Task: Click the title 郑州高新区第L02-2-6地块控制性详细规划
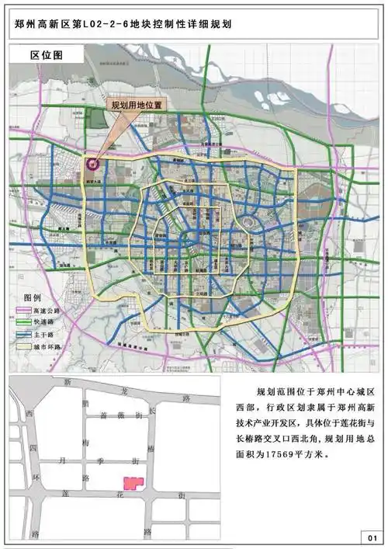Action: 124,24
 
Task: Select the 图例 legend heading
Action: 32,297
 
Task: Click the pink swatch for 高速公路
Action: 23,310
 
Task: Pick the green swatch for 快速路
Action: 23,321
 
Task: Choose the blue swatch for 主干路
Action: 23,332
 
